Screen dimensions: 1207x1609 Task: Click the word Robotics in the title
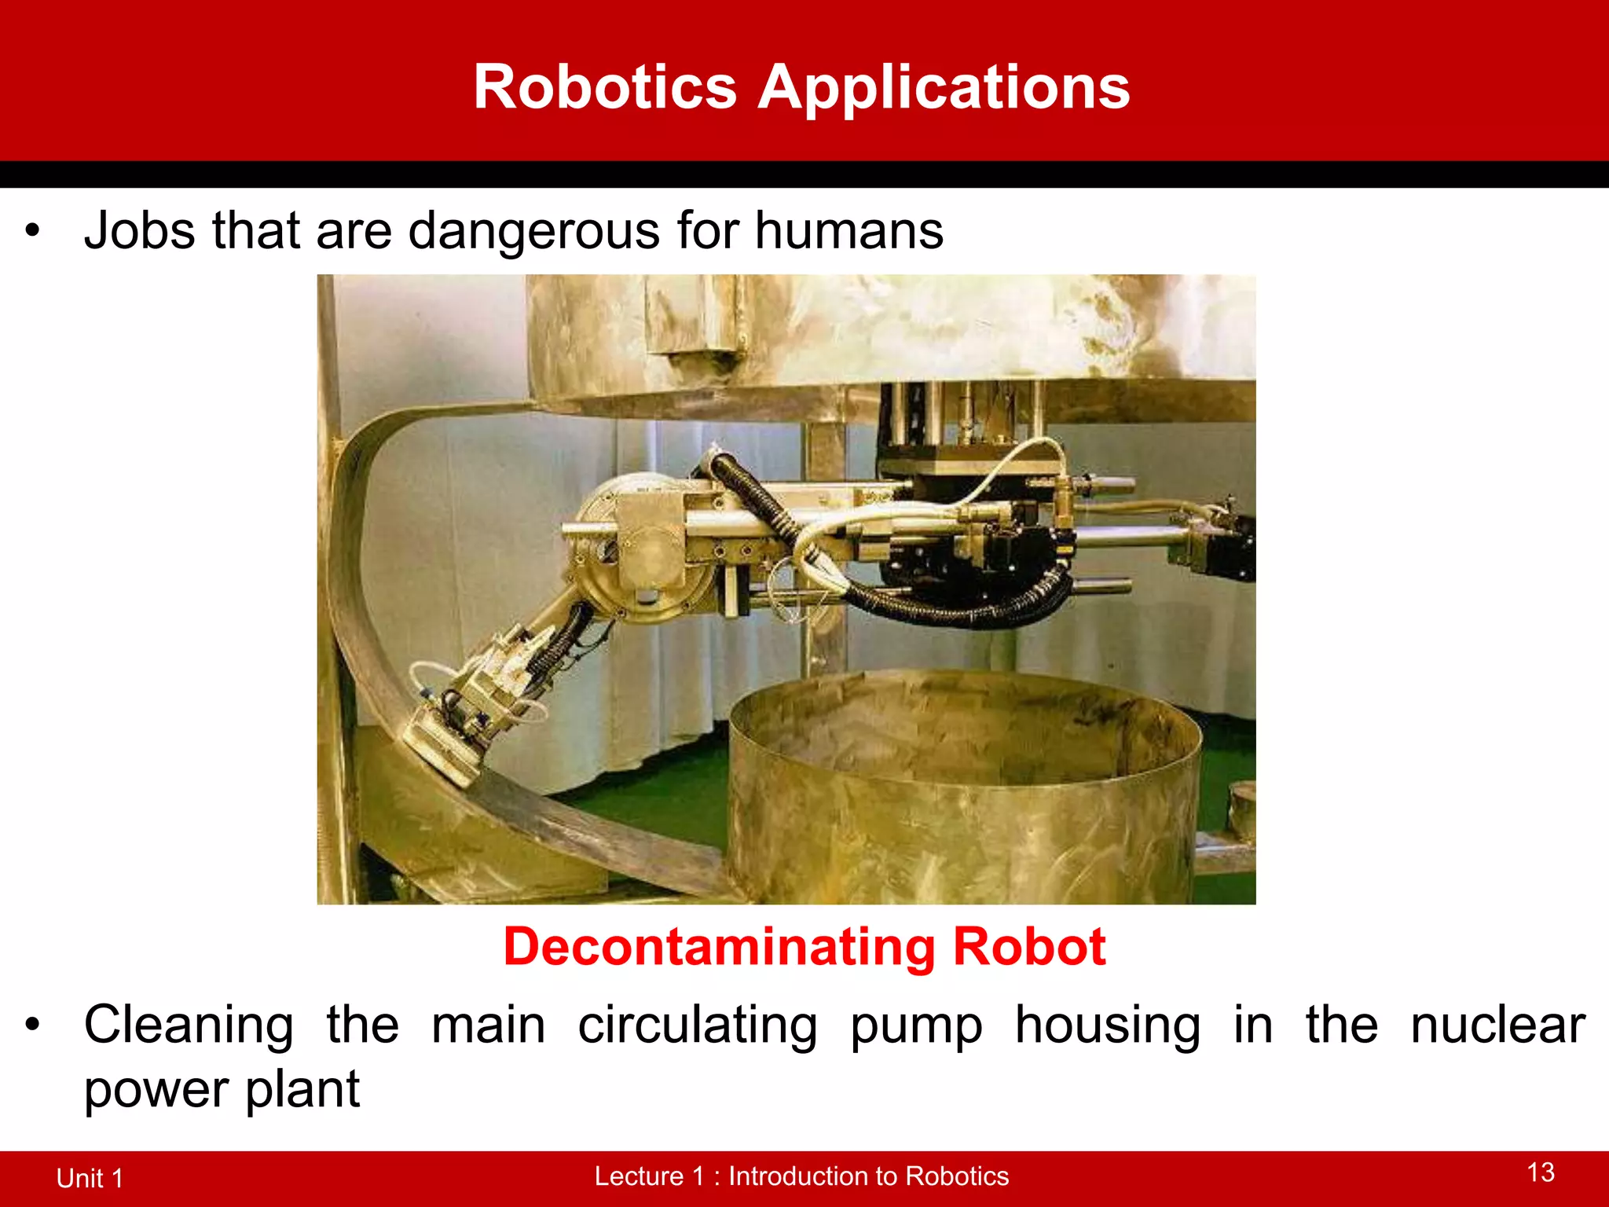[x=605, y=87]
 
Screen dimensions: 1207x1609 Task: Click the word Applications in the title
[x=943, y=87]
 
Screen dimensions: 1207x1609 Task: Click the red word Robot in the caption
[x=1029, y=946]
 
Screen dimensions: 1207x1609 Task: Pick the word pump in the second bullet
[x=916, y=1026]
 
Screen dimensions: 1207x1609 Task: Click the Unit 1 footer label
[x=90, y=1178]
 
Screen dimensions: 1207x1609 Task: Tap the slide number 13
[x=1541, y=1172]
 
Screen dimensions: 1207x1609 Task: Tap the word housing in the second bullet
[x=1108, y=1026]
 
